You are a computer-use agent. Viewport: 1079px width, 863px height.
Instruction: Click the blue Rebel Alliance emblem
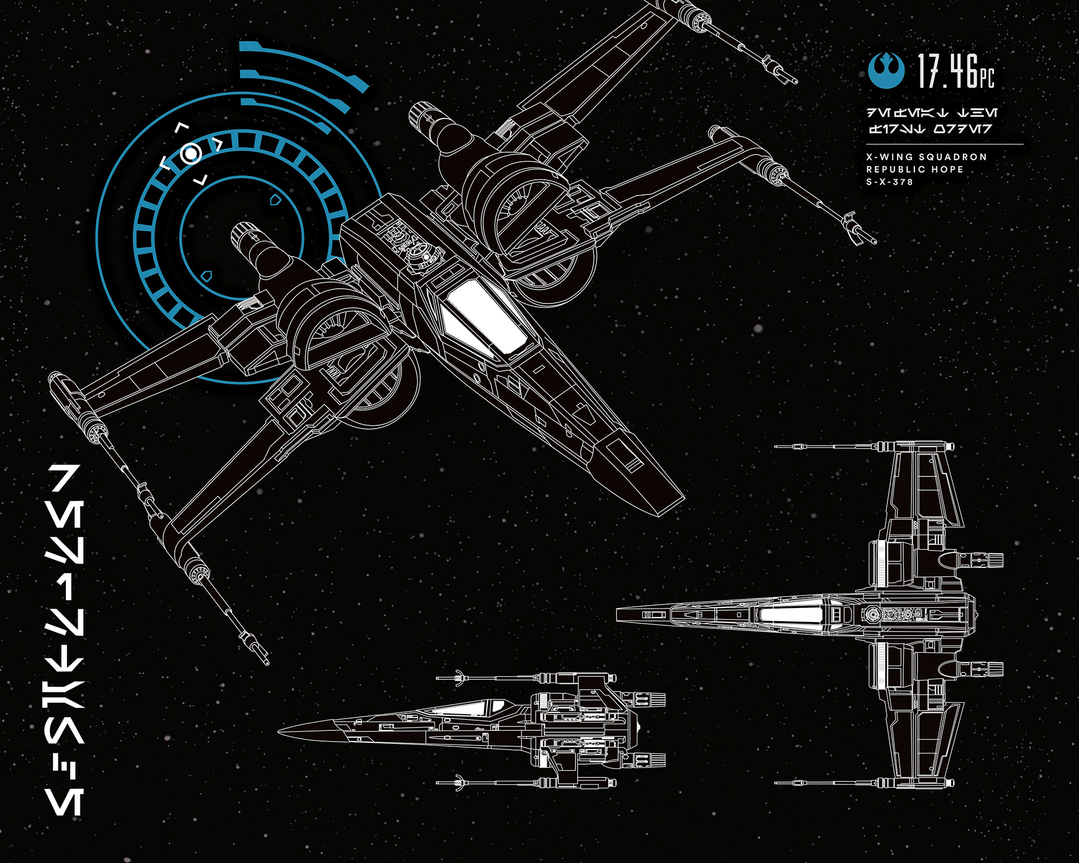(x=886, y=71)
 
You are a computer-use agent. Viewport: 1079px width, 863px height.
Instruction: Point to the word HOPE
(x=949, y=169)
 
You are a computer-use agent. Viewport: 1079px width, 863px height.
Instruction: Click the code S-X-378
(x=890, y=182)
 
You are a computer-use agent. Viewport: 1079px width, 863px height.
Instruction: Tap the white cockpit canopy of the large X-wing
(x=483, y=318)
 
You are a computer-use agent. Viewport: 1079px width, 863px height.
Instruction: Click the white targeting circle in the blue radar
(x=191, y=153)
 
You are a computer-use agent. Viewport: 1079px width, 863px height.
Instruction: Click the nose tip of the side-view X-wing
(x=279, y=731)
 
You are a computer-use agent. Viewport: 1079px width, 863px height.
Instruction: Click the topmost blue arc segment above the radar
(x=303, y=62)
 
